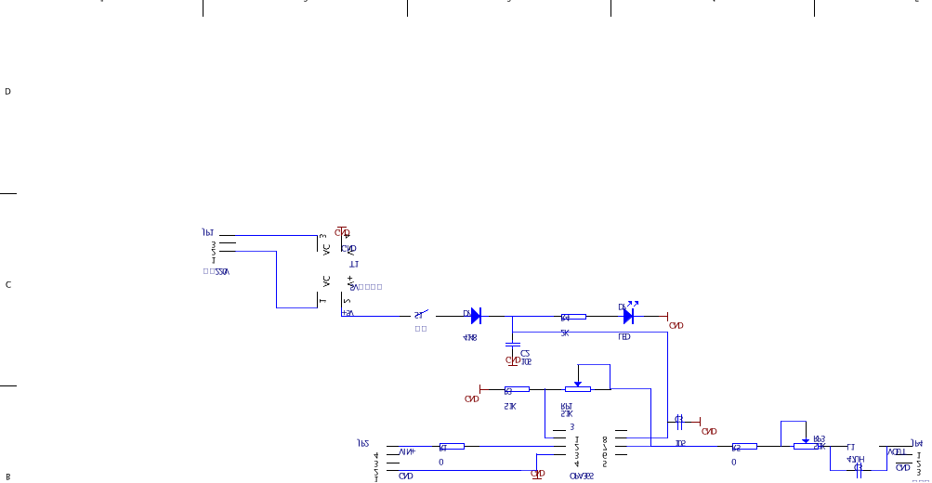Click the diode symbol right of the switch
point(475,316)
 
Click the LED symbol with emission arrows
point(628,316)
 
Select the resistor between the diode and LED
point(572,316)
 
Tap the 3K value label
point(564,333)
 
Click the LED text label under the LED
point(624,336)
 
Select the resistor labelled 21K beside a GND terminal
point(515,389)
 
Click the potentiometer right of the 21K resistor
point(577,389)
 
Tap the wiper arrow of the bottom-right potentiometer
point(805,440)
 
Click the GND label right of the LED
point(676,325)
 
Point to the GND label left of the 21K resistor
point(471,398)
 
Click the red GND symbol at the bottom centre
point(537,473)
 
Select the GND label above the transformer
point(342,232)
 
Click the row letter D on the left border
point(7,92)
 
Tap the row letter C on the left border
point(7,284)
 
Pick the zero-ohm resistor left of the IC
point(451,446)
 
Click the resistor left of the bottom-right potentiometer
point(743,446)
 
